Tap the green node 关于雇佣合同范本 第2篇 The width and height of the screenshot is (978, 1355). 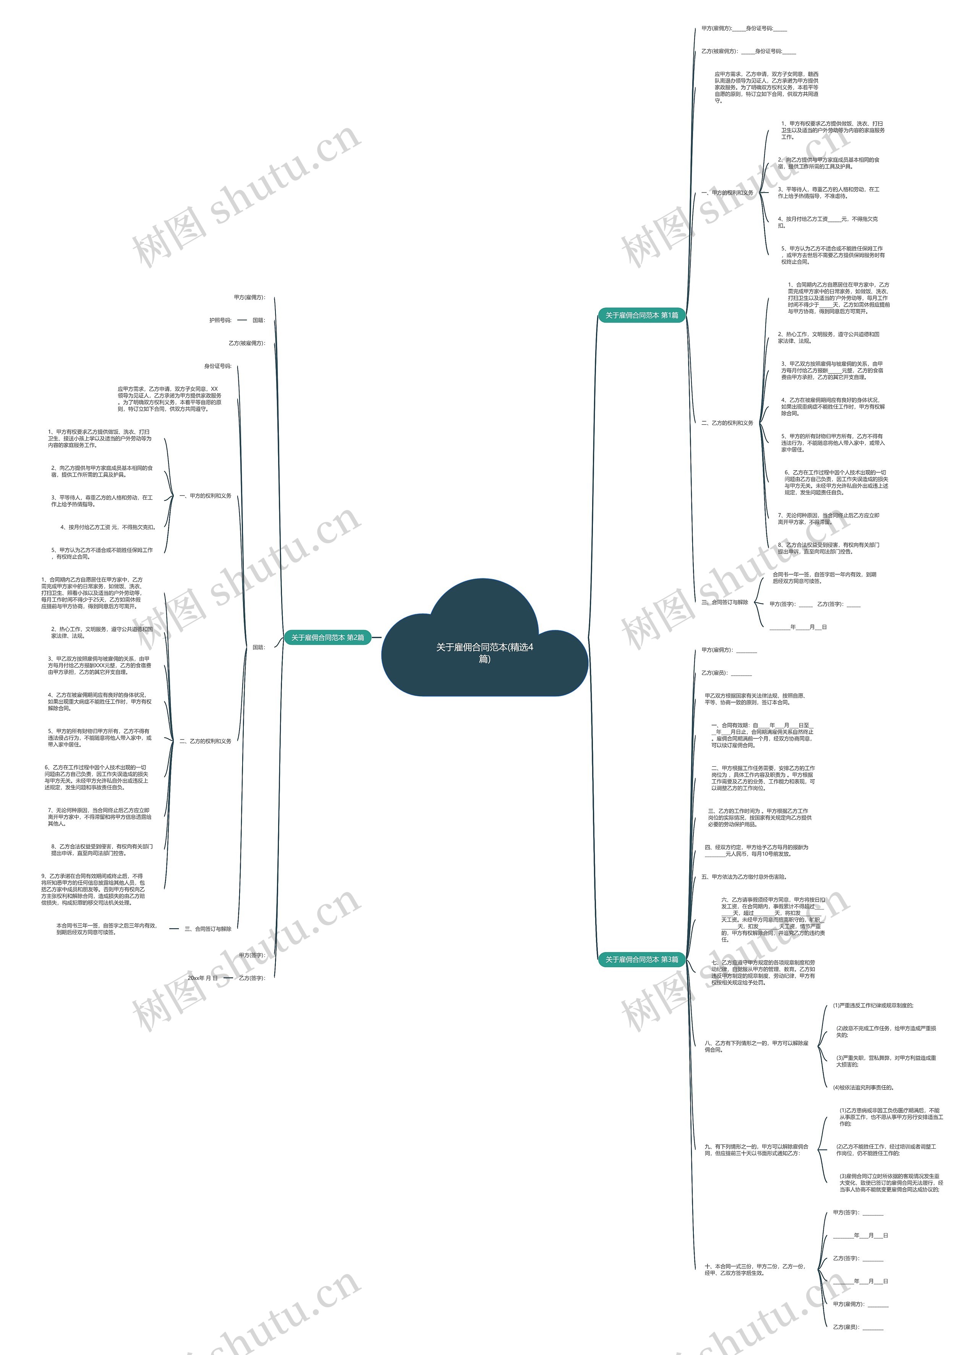327,638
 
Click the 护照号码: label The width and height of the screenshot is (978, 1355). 220,320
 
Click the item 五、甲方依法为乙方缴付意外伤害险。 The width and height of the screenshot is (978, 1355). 744,877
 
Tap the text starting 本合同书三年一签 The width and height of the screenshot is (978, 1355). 106,929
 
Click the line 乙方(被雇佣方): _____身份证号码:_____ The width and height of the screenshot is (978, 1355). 748,51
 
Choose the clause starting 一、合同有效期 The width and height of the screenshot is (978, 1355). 762,735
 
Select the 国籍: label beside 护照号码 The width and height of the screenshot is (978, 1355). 258,320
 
